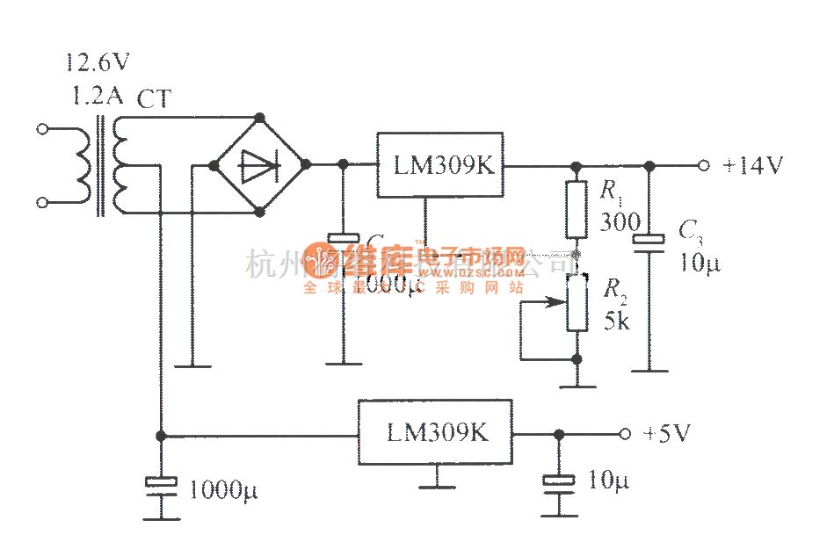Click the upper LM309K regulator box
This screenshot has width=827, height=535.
[440, 165]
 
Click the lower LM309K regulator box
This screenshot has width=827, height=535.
[435, 432]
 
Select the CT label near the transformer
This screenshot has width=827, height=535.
[154, 99]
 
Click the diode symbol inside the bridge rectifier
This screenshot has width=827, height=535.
[258, 164]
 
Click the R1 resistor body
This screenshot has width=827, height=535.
[576, 210]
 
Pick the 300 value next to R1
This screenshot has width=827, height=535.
[620, 222]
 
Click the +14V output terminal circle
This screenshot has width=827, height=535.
[703, 165]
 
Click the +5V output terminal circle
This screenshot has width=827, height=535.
[624, 433]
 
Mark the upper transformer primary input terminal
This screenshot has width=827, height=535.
[41, 129]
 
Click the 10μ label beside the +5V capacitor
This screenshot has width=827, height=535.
[608, 481]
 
